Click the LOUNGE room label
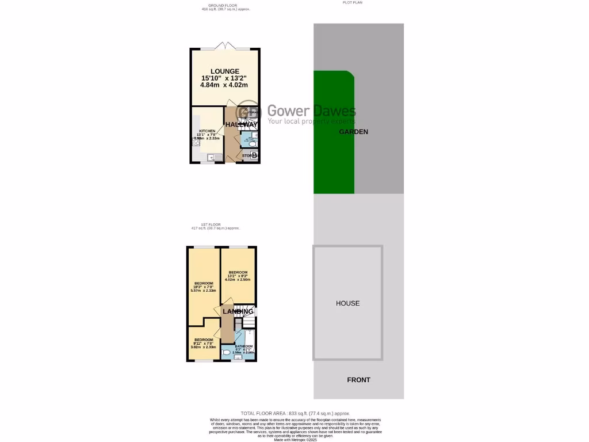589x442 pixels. click(224, 71)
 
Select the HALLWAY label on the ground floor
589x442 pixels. click(241, 124)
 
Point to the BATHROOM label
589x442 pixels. click(243, 346)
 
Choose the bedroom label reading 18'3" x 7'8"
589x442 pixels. click(204, 283)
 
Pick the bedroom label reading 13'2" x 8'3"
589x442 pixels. click(238, 272)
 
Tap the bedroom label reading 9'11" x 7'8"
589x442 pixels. click(203, 340)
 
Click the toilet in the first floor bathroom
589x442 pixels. click(226, 352)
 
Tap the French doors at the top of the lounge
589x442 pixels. click(225, 45)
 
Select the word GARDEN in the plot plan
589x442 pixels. click(353, 132)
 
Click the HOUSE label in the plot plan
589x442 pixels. click(347, 303)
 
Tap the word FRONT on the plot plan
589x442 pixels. click(358, 380)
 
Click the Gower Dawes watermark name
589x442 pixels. click(311, 111)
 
